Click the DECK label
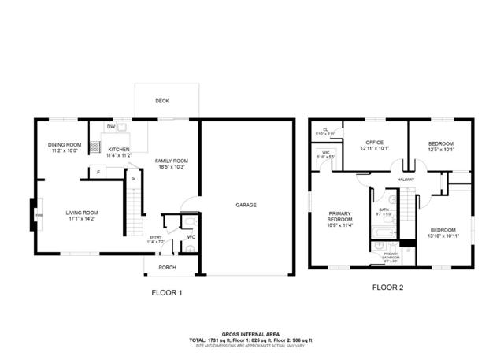[161, 101]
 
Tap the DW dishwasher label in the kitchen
[111, 127]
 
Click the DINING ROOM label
[65, 144]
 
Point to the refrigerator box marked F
[98, 172]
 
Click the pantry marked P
[133, 180]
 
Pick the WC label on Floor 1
[191, 236]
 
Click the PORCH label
[167, 267]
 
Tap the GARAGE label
[246, 205]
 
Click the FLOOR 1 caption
[167, 292]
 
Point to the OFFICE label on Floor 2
[375, 142]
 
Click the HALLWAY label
[406, 180]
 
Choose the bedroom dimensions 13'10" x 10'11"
[443, 235]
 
